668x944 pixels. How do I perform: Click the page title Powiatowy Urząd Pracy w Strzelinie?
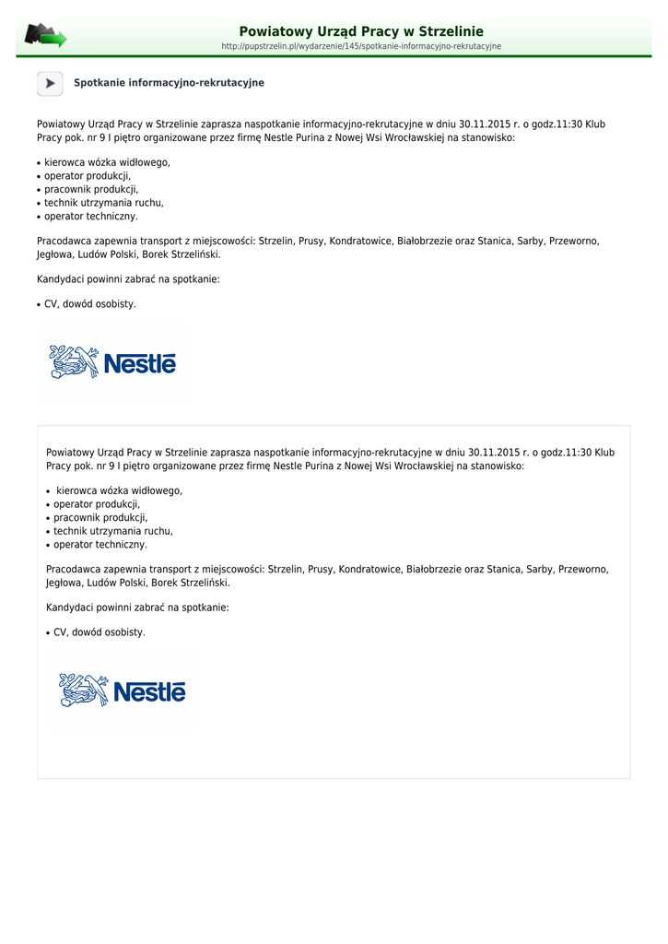pyautogui.click(x=361, y=31)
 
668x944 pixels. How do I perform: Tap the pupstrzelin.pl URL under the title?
pyautogui.click(x=361, y=46)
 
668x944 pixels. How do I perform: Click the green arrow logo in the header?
pyautogui.click(x=46, y=36)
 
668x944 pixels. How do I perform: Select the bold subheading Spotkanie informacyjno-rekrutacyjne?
pyautogui.click(x=169, y=83)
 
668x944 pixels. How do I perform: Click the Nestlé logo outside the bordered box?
pyautogui.click(x=112, y=363)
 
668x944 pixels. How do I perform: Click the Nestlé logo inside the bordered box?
pyautogui.click(x=123, y=691)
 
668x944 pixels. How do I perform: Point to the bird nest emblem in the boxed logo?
pyautogui.click(x=84, y=690)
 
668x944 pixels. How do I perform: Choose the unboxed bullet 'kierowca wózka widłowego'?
pyautogui.click(x=107, y=162)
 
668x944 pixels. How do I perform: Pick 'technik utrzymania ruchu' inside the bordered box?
pyautogui.click(x=112, y=531)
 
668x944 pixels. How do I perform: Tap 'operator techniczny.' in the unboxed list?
pyautogui.click(x=91, y=217)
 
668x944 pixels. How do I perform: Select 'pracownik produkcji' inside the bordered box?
pyautogui.click(x=100, y=518)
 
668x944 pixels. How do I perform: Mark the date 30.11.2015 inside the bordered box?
pyautogui.click(x=497, y=453)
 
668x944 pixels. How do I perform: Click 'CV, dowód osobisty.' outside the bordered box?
pyautogui.click(x=90, y=304)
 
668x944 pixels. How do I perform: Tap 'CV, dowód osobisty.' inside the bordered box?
pyautogui.click(x=100, y=632)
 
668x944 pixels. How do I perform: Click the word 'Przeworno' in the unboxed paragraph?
pyautogui.click(x=575, y=241)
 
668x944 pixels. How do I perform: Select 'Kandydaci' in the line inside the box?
pyautogui.click(x=68, y=608)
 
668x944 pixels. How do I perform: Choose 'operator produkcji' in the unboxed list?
pyautogui.click(x=88, y=175)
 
